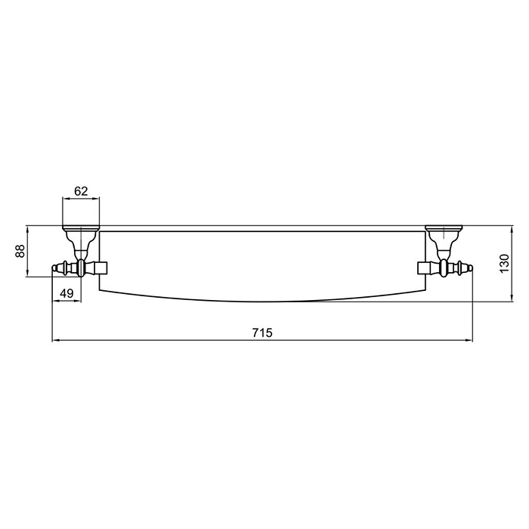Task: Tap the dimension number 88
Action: coord(20,251)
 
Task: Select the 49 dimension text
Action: coord(67,293)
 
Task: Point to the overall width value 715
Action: coord(261,332)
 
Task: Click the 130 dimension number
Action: coord(505,263)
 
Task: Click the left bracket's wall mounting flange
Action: coord(80,227)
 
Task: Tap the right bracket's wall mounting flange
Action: coord(444,227)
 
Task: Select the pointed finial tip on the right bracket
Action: coord(471,267)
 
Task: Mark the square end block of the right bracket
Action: coord(424,267)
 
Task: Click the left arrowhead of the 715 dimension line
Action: coord(54,341)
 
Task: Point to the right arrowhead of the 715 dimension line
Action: coord(470,341)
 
